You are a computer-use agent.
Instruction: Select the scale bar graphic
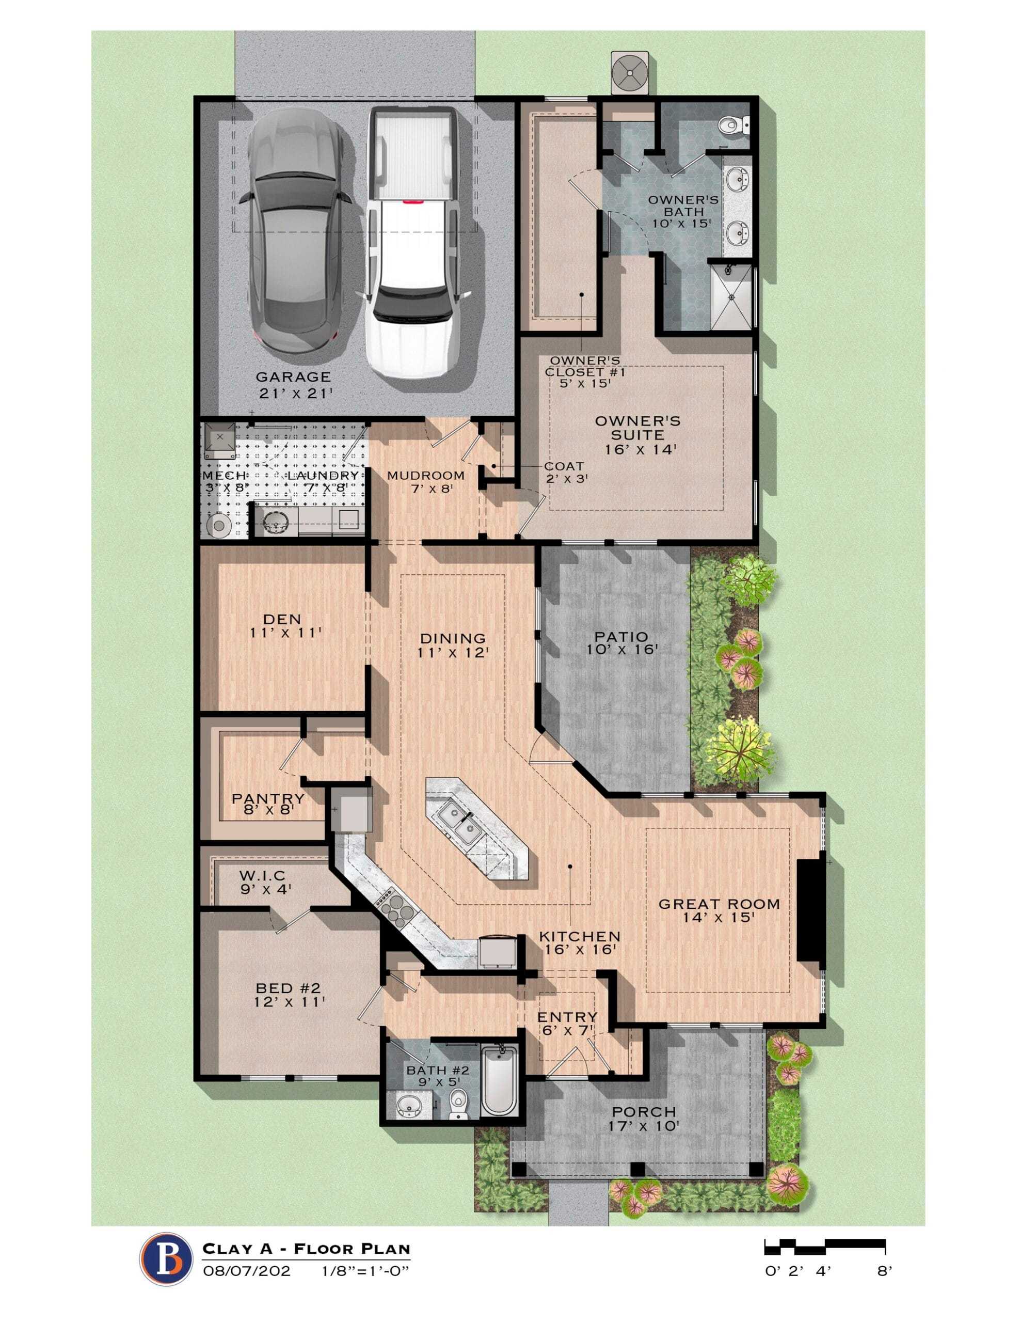[x=825, y=1246]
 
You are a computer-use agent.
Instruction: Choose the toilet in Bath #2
[x=458, y=1103]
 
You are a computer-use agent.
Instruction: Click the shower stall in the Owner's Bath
[x=731, y=296]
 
